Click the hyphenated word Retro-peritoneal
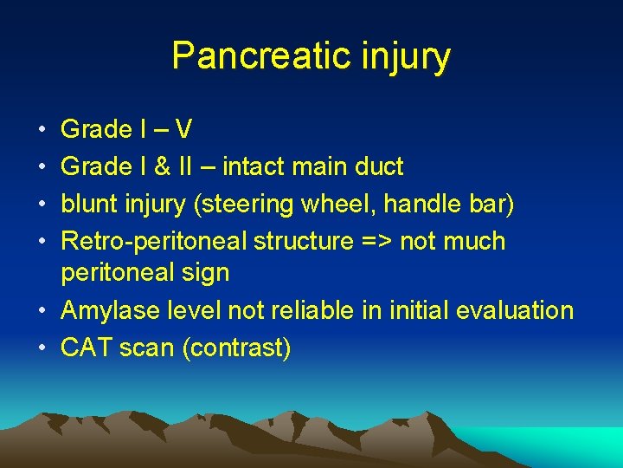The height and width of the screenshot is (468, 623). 152,241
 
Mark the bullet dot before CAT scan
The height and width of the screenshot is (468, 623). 42,348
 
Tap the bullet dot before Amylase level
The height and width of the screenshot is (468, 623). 42,311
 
